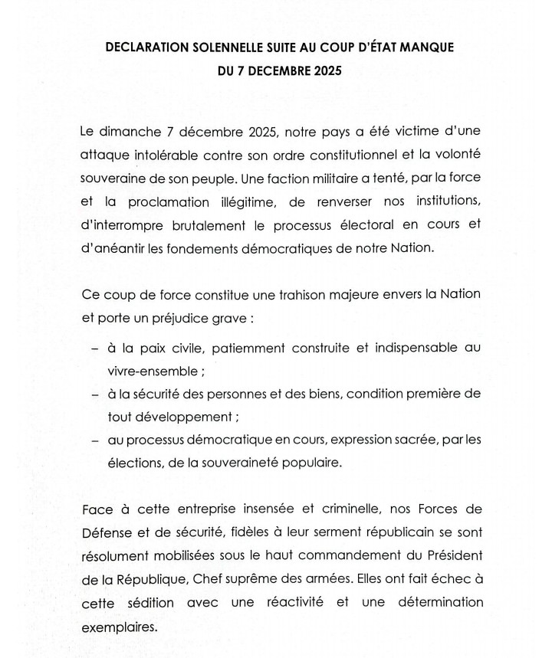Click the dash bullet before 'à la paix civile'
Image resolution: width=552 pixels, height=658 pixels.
pos(94,349)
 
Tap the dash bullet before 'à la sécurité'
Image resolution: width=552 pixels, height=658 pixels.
pos(94,394)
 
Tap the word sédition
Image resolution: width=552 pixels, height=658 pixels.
pos(148,603)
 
